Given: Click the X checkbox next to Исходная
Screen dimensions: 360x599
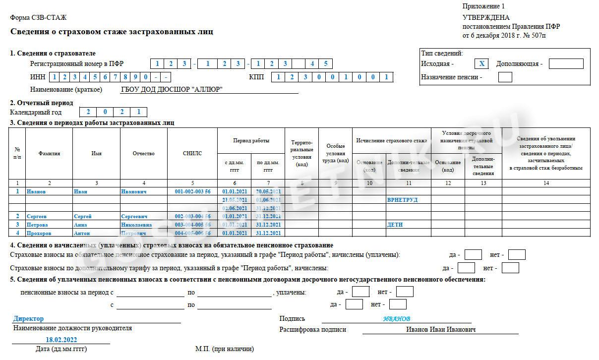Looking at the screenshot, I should (481, 63).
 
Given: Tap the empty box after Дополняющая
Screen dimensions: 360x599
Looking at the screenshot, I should (566, 63).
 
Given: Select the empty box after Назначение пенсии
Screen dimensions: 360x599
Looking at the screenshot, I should (505, 77).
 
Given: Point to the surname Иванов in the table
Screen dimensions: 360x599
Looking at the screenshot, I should (36, 191).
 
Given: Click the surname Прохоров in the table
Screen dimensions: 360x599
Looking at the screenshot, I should (40, 233).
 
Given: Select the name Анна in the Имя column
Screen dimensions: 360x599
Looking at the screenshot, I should (80, 225).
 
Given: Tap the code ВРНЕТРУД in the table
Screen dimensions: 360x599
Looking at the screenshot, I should (402, 200).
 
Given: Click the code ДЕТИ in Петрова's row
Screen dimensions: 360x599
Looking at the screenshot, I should (395, 225).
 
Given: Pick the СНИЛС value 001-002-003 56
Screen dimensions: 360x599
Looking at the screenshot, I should (192, 191).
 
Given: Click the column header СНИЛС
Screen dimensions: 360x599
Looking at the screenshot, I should (192, 154).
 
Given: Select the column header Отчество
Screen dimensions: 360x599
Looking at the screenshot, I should (143, 154).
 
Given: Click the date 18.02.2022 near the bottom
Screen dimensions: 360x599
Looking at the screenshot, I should (61, 340).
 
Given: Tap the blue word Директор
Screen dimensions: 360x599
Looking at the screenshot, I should (29, 319).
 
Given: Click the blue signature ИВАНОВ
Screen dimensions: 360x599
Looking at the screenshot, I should (397, 319).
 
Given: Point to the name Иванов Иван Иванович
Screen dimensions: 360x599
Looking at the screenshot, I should (441, 330).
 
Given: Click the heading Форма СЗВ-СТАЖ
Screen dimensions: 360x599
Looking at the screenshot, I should (38, 18).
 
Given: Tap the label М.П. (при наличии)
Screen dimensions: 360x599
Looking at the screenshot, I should (224, 349).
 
